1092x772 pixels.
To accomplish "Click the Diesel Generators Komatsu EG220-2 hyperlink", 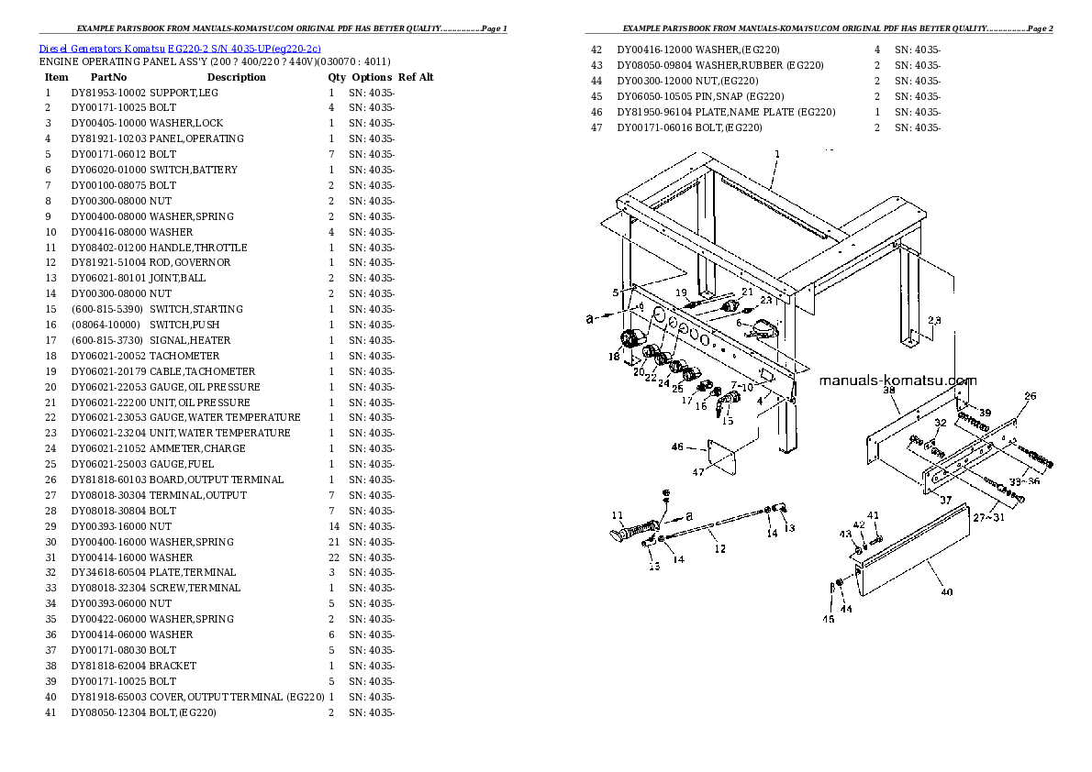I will (x=179, y=47).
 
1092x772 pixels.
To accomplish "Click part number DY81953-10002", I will (x=108, y=93).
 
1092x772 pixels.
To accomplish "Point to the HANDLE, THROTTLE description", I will (x=197, y=248).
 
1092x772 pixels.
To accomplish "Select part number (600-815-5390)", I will (x=106, y=309).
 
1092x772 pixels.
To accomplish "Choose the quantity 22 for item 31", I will (x=334, y=557).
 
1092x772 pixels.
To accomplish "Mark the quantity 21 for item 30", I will (x=334, y=542).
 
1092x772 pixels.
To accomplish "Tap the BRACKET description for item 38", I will (x=173, y=666).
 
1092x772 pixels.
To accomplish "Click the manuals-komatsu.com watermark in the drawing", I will (x=897, y=381).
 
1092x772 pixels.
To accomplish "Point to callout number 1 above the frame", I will (x=777, y=154).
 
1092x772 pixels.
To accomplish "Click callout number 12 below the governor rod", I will (x=720, y=548).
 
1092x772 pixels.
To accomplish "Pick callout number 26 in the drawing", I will (x=1030, y=396).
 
